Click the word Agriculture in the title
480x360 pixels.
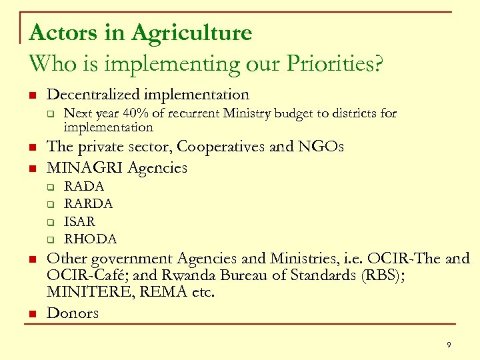pos(192,32)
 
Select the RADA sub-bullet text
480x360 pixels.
pos(83,187)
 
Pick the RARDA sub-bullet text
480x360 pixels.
pos(88,204)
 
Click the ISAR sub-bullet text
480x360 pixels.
pos(79,221)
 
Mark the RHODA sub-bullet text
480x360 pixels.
pos(90,239)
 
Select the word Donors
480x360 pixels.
pos(73,313)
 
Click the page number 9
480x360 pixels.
pos(449,345)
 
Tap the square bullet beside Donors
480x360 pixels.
pos(31,313)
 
